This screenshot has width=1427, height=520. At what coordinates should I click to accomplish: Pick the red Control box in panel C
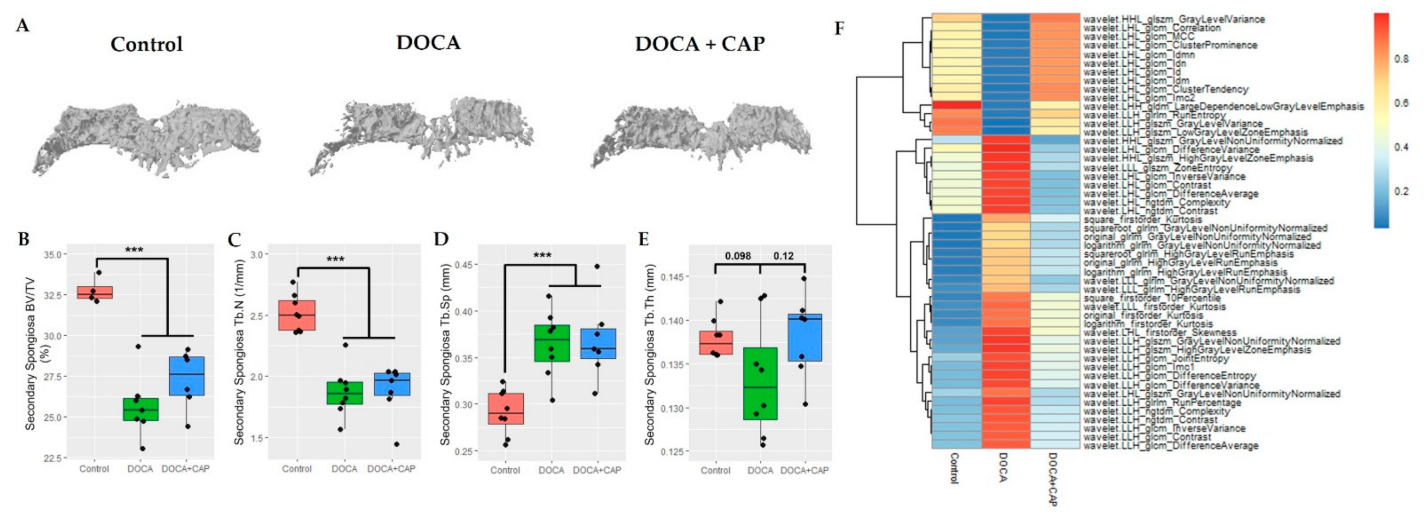tap(297, 315)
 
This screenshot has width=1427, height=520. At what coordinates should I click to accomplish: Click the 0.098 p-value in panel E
tap(738, 256)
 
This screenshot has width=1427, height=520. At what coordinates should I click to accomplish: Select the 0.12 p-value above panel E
tap(783, 256)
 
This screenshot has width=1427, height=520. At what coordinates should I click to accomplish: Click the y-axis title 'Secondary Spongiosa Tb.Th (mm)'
tap(650, 355)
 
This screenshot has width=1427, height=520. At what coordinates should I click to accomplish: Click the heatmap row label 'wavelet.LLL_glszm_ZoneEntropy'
tap(1158, 167)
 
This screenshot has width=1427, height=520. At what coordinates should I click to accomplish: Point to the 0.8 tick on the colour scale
tap(1401, 59)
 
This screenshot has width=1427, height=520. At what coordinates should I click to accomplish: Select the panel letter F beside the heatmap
tap(840, 28)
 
